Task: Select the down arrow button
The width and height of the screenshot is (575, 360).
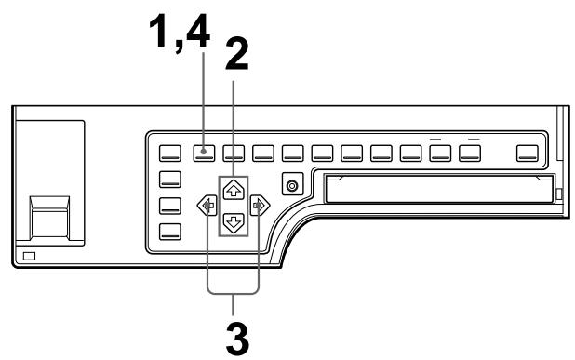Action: click(x=234, y=221)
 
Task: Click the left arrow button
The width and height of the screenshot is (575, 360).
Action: click(x=206, y=205)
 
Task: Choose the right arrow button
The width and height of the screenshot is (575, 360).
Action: click(x=262, y=205)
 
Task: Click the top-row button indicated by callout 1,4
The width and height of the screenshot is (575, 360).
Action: click(x=205, y=153)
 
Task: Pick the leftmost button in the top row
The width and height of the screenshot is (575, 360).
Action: click(x=170, y=153)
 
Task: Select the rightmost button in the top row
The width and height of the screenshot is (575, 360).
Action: click(x=527, y=153)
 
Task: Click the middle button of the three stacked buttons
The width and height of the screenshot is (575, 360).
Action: click(x=170, y=207)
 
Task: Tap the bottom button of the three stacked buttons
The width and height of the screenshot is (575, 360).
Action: click(x=170, y=233)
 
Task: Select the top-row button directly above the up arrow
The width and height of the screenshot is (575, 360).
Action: click(x=234, y=153)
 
